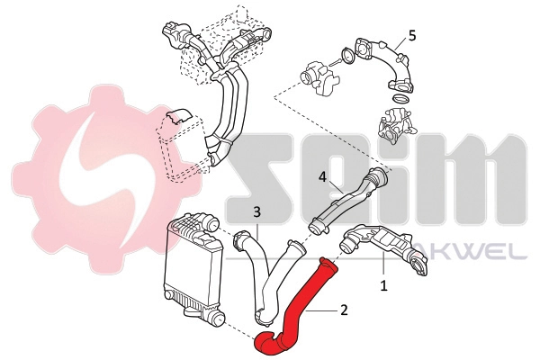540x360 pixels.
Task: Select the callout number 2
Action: tap(342, 310)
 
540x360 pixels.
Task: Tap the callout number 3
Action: tap(256, 212)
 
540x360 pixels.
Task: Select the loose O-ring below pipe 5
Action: tap(399, 97)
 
